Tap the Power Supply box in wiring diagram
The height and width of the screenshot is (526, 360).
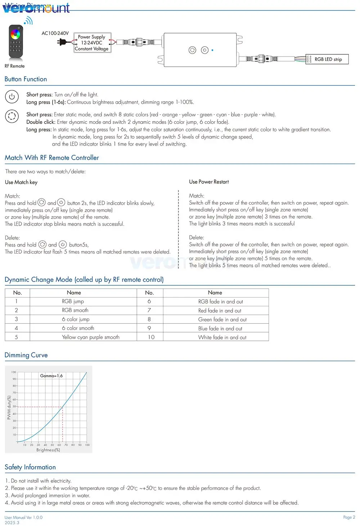92,43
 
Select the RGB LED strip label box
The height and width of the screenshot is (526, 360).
328,59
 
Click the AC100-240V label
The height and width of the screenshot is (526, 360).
55,33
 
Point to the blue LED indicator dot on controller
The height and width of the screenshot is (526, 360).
212,50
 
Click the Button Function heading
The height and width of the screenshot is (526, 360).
26,79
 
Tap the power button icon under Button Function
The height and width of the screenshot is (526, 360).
12,97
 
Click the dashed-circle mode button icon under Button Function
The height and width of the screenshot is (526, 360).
12,116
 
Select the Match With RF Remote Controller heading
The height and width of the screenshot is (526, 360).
52,158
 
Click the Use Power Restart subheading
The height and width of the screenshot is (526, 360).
209,182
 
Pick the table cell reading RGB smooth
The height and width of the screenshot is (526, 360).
75,310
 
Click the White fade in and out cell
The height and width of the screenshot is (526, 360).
222,338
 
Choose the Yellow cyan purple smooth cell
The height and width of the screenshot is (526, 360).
90,337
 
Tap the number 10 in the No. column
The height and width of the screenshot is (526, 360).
151,337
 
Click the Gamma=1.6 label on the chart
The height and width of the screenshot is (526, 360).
51,376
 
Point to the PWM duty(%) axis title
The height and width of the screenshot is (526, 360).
9,407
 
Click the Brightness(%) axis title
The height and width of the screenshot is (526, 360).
48,450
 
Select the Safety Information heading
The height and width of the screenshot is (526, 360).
30,467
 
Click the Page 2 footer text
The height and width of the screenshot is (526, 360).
349,517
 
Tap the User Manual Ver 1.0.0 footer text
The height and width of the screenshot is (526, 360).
23,518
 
